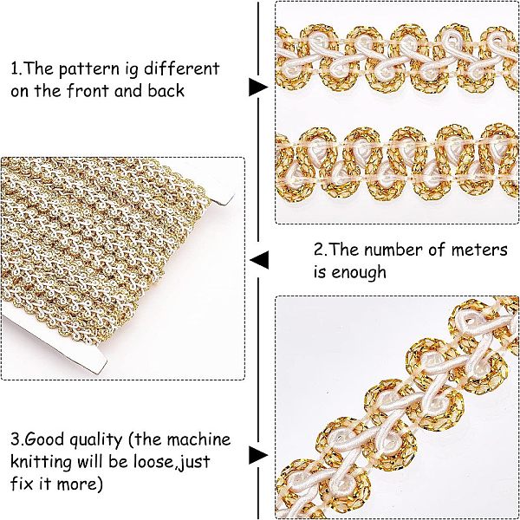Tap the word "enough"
pyautogui.click(x=359, y=273)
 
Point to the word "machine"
pyautogui.click(x=198, y=439)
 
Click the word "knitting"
pyautogui.click(x=41, y=462)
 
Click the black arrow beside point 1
pyautogui.click(x=258, y=88)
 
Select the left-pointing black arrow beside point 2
pyautogui.click(x=258, y=260)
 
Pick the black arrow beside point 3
pyautogui.click(x=258, y=455)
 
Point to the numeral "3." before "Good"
pyautogui.click(x=17, y=439)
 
